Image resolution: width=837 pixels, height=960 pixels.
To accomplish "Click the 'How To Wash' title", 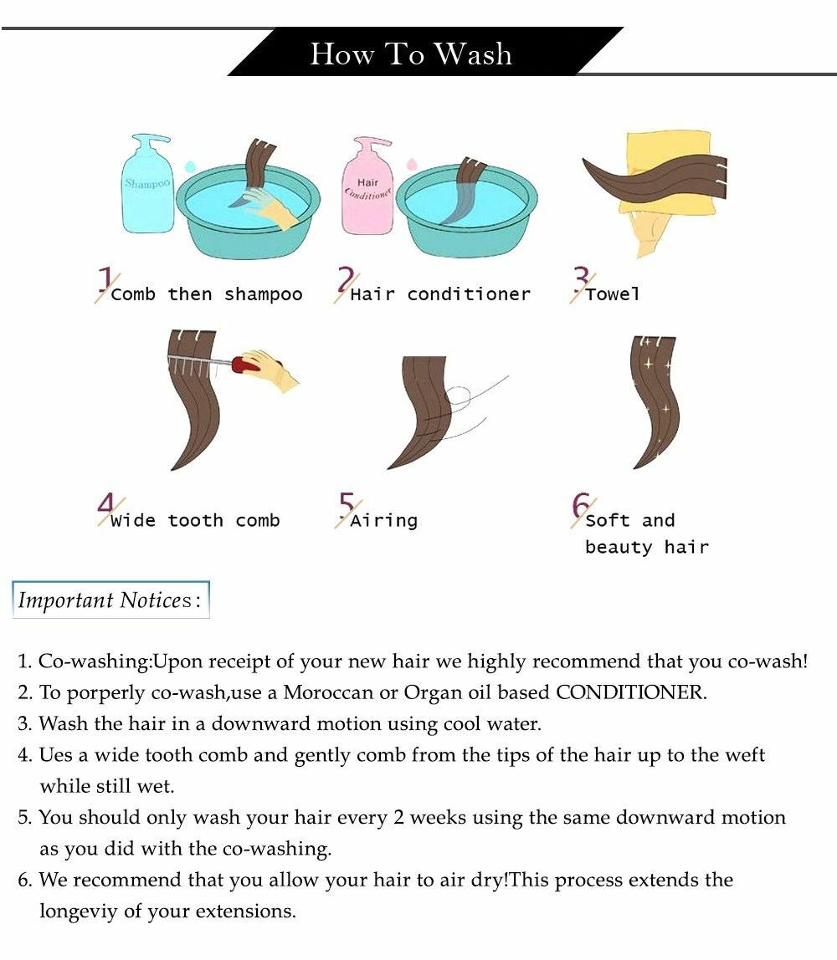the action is (410, 54).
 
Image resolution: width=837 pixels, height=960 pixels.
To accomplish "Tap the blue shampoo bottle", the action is (147, 184).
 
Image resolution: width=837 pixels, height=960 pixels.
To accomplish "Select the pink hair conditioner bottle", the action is (367, 186).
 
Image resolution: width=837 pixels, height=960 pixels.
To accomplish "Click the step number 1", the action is (106, 279).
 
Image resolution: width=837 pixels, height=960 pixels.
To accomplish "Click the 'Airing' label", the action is (384, 521).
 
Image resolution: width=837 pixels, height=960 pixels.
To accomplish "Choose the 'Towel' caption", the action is (612, 294).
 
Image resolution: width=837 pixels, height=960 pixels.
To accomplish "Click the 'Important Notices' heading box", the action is (111, 600).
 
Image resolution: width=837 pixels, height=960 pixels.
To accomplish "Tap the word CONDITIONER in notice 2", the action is (631, 692).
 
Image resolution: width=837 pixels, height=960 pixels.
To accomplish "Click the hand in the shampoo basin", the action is (269, 208).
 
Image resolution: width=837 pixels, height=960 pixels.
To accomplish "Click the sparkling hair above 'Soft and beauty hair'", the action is (653, 401).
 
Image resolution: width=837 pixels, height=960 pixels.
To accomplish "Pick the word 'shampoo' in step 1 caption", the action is (264, 295).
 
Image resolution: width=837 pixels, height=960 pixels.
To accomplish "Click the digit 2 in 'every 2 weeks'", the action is (399, 818).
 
